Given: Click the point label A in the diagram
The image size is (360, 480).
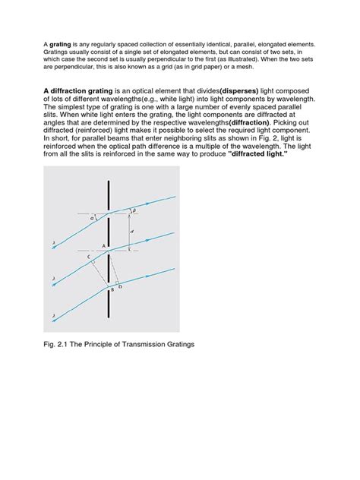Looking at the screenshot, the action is (103, 246).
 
